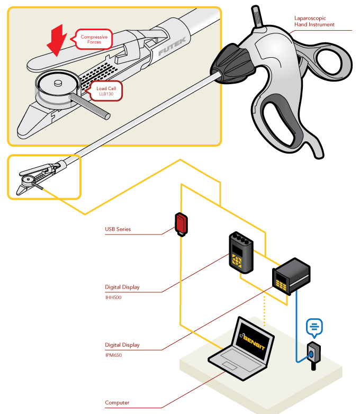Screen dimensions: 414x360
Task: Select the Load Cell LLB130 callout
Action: click(x=106, y=91)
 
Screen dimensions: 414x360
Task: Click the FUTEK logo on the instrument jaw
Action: click(x=171, y=50)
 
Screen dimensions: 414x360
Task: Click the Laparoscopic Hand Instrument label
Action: click(x=314, y=21)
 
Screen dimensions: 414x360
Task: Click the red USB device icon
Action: click(x=181, y=223)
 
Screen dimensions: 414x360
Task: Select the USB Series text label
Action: click(x=118, y=229)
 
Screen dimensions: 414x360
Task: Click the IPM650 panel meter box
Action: click(x=290, y=276)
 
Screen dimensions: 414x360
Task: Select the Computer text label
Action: click(x=117, y=403)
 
